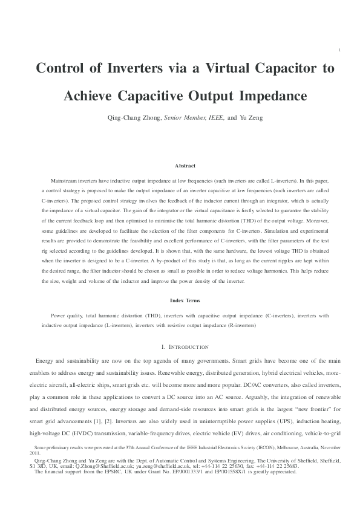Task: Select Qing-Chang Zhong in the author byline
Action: [134, 118]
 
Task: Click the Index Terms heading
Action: [185, 300]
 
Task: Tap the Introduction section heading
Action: [185, 347]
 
